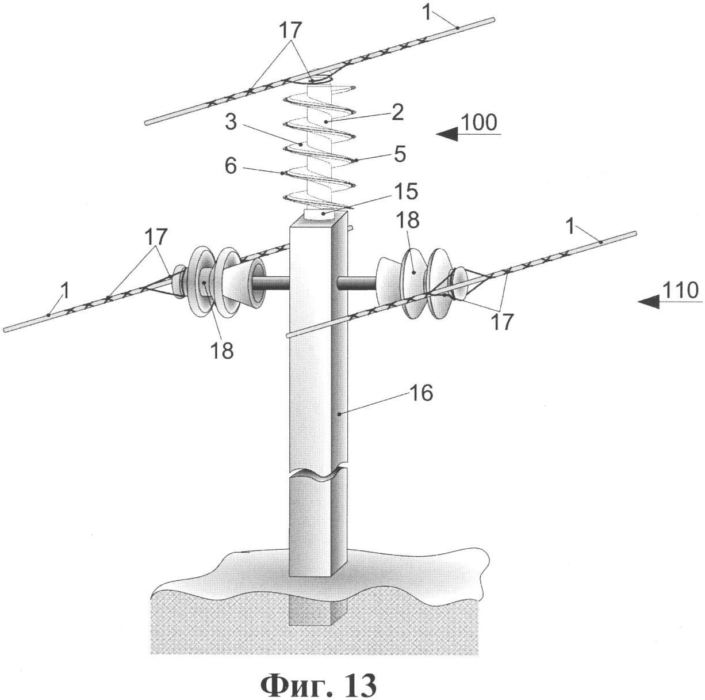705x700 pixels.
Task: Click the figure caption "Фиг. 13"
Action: (x=319, y=684)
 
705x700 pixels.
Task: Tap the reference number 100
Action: (x=478, y=123)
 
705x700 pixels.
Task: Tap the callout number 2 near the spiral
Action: (x=397, y=111)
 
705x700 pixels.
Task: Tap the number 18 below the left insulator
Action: (x=221, y=349)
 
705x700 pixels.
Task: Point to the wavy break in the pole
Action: (x=318, y=473)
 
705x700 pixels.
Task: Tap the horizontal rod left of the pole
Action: (x=273, y=283)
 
